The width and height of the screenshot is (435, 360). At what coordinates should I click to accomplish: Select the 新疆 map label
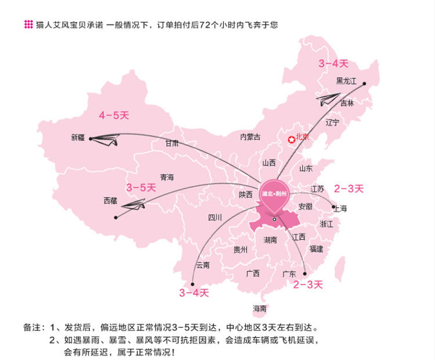tap(78, 138)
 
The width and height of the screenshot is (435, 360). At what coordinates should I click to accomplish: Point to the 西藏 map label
tap(110, 200)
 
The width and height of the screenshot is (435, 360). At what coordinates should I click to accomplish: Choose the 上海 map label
tap(340, 208)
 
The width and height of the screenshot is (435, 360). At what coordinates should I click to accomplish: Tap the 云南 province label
tap(202, 265)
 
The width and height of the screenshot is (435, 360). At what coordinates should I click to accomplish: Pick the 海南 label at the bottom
tap(259, 308)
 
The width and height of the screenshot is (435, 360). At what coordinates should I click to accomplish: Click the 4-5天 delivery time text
tap(114, 115)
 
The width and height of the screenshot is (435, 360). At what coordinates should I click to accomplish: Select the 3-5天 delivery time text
tap(141, 188)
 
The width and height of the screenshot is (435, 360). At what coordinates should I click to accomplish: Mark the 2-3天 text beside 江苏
tap(349, 188)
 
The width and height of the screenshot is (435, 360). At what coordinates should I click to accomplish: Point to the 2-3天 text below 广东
tap(308, 285)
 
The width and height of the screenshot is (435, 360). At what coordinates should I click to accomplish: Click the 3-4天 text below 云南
tap(194, 293)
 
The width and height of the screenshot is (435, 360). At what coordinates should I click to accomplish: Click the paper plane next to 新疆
tap(106, 139)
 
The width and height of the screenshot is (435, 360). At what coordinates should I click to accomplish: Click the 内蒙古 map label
tap(251, 137)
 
